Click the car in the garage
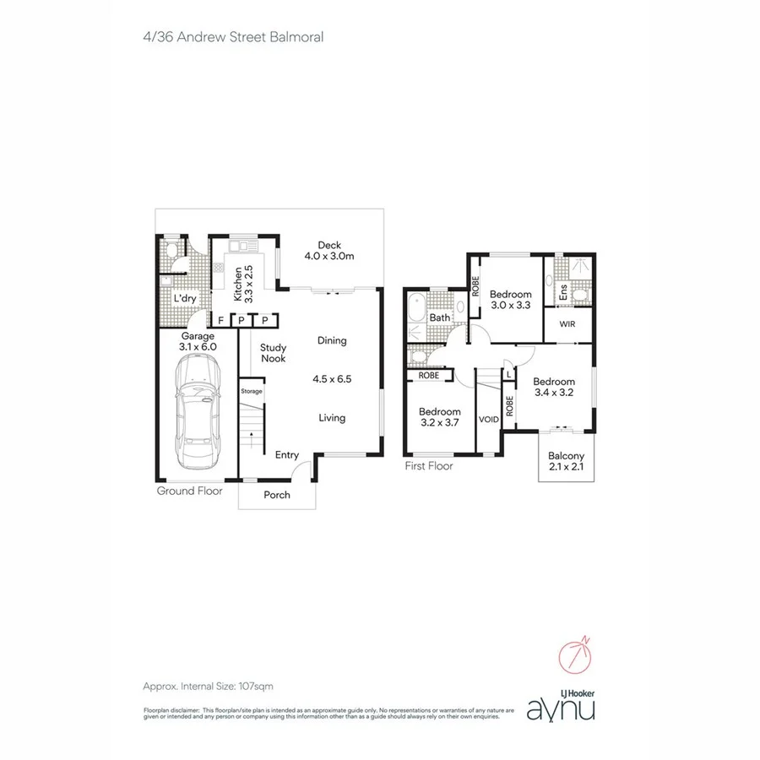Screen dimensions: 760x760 point(196,411)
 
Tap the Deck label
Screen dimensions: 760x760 point(329,246)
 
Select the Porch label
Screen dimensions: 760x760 point(277,495)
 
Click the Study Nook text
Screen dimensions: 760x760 point(273,353)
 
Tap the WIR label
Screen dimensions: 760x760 point(567,324)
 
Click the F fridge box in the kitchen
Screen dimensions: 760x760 point(221,320)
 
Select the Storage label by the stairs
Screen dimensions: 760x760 point(252,391)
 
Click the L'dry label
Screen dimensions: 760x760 point(185,299)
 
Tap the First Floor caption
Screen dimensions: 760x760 point(429,465)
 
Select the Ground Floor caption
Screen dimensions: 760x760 point(190,491)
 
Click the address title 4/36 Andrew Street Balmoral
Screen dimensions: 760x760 point(234,36)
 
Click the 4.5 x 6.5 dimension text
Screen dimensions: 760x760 point(332,379)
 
